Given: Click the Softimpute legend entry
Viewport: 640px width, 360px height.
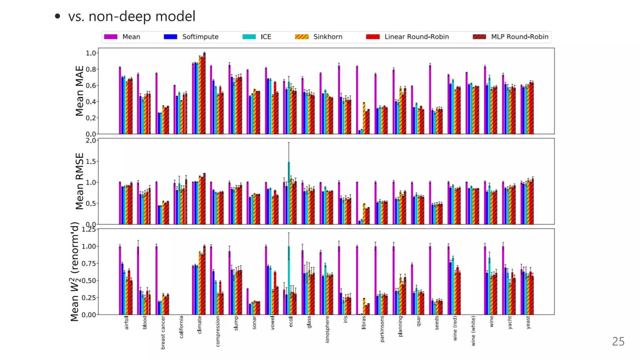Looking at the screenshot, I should (200, 37).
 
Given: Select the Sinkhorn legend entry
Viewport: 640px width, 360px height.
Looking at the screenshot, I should (327, 37).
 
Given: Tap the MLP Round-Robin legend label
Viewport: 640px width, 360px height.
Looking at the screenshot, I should (519, 37).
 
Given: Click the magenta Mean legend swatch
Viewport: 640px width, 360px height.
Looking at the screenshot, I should (111, 37).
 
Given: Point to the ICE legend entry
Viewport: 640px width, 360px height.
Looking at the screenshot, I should (266, 37).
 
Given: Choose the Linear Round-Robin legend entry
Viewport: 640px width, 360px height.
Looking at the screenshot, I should (416, 37).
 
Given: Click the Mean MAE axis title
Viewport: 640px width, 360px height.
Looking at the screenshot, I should (80, 91).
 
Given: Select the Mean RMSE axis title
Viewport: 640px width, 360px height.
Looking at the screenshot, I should (80, 181).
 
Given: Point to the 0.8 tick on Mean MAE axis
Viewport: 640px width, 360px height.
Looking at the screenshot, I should (91, 69).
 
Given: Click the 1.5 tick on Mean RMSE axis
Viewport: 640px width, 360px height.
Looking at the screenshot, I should (91, 162).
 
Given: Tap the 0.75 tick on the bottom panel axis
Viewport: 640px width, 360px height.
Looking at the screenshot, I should (88, 263).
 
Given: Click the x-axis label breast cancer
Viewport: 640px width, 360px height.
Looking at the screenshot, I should (163, 332).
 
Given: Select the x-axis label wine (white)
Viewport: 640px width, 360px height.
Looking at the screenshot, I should (473, 331).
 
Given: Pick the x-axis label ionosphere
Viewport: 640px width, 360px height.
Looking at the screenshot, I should (327, 329).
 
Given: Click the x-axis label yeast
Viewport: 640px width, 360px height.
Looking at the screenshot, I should (528, 322).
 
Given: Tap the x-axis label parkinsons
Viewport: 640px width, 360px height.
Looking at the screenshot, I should (382, 329).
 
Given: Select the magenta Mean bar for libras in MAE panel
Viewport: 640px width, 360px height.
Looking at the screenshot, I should (357, 100).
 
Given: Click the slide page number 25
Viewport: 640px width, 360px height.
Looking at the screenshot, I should (618, 342).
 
